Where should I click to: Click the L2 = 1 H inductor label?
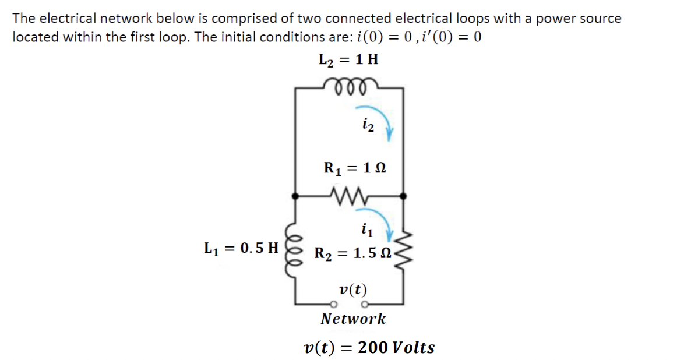[348, 59]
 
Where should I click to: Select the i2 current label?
[367, 124]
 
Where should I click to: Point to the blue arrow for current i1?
[379, 227]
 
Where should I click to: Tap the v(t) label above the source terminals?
[352, 290]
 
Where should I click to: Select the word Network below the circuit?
[353, 319]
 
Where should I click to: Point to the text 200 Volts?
[396, 348]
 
